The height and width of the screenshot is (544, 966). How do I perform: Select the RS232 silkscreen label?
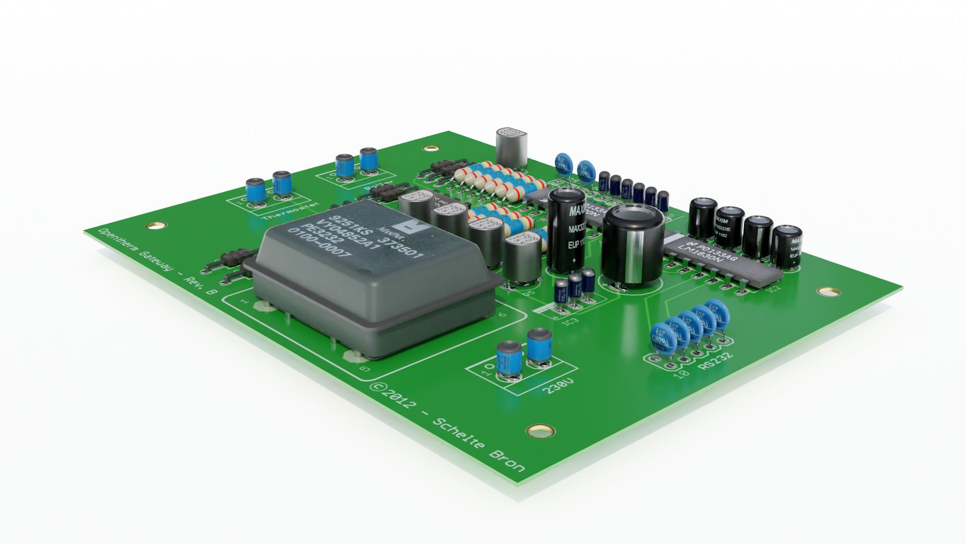(716, 362)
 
